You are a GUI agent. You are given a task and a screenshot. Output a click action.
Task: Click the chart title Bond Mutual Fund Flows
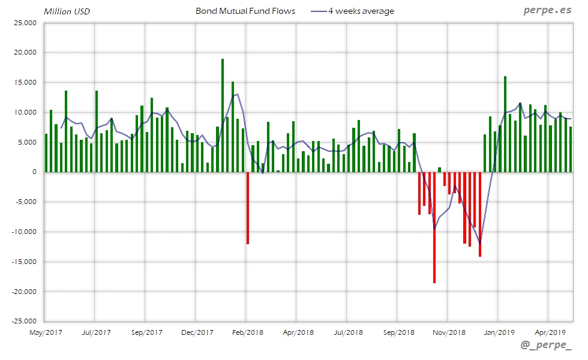pos(245,11)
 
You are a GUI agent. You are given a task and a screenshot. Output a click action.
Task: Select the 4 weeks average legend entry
pos(360,11)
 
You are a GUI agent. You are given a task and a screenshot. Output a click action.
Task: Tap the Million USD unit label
pos(67,11)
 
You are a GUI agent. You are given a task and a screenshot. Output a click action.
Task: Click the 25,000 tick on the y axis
pos(25,23)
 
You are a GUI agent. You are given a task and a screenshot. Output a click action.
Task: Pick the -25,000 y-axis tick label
pos(24,321)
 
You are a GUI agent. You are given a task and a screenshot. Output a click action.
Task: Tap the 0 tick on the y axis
pos(34,172)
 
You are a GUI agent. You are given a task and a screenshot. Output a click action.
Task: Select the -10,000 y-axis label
pos(24,232)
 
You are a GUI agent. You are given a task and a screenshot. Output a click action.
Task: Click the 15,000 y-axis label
pos(25,82)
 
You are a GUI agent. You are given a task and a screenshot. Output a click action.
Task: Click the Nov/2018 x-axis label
pos(448,332)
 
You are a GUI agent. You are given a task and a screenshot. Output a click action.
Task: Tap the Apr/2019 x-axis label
pos(548,332)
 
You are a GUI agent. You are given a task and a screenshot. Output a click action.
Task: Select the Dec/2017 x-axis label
pos(197,332)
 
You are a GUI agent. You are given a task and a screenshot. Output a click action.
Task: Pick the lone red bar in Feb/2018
pos(248,208)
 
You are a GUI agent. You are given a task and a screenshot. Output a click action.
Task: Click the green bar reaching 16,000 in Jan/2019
pos(505,124)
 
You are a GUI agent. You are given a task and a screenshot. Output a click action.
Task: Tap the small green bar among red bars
pos(439,170)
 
